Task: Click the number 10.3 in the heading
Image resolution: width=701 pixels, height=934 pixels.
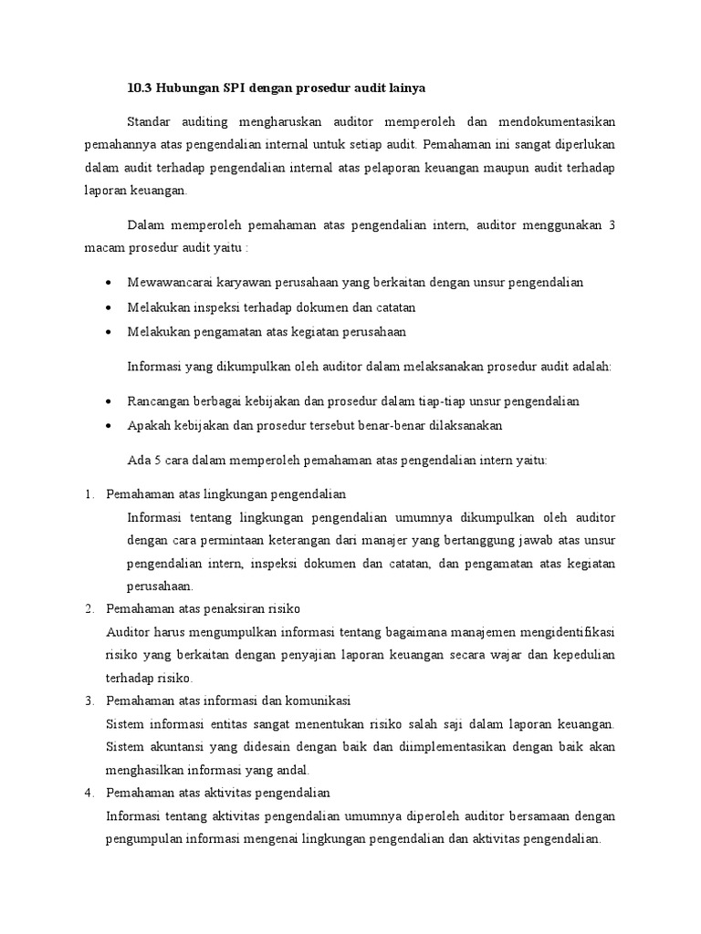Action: [138, 88]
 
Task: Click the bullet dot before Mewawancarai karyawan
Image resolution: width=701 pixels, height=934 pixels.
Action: [110, 283]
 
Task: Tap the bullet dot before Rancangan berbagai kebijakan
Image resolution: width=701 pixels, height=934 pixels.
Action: [110, 402]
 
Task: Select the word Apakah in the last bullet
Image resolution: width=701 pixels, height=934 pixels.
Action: [149, 426]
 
